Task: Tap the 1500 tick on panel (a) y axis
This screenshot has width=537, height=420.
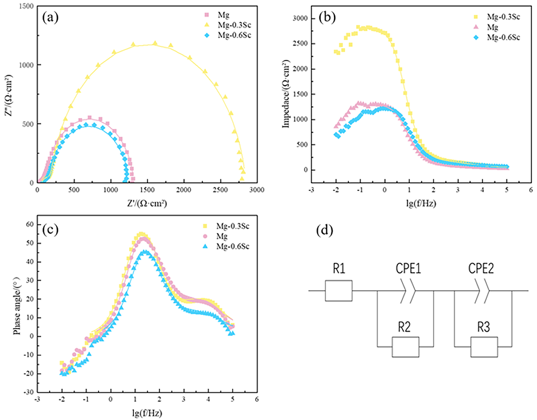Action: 26,6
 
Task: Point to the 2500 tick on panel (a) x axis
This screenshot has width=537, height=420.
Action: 220,190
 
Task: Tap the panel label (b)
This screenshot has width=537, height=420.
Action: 326,17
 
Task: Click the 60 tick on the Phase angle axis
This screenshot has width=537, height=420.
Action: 29,224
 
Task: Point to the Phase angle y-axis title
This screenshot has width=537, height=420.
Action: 17,308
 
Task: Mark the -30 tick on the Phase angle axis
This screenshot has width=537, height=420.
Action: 28,392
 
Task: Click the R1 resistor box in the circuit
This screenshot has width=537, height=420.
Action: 339,290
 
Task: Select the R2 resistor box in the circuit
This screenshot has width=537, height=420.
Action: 405,347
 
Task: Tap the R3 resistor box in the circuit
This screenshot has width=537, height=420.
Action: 484,347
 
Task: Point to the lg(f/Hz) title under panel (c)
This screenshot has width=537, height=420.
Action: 147,413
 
